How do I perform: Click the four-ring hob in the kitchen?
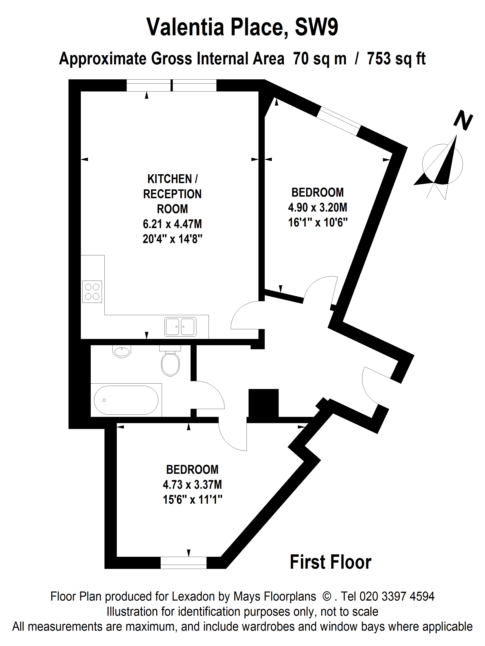pyautogui.click(x=92, y=292)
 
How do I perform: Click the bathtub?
pyautogui.click(x=126, y=400)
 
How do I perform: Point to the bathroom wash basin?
pyautogui.click(x=122, y=351)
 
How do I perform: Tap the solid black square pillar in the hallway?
pyautogui.click(x=263, y=403)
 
